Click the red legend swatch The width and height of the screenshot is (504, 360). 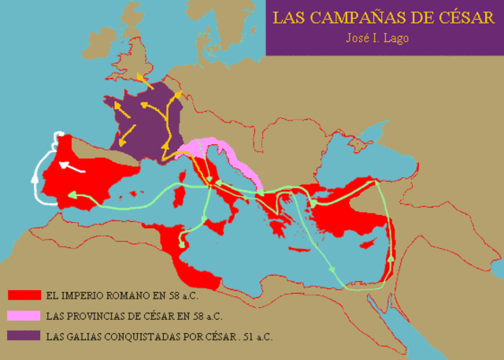24,295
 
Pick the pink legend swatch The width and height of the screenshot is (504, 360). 24,316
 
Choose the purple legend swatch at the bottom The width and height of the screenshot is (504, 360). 24,337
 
